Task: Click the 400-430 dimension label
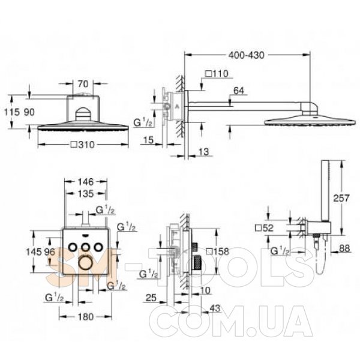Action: click(x=247, y=55)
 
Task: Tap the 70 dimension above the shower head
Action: click(x=83, y=84)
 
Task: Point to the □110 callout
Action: click(x=217, y=74)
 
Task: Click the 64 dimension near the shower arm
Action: click(x=239, y=91)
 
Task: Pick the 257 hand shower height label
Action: click(x=341, y=198)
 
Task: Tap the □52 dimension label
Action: click(x=264, y=228)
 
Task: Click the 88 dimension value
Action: click(x=344, y=248)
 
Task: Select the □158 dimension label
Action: click(x=217, y=251)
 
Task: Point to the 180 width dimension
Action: click(x=86, y=317)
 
